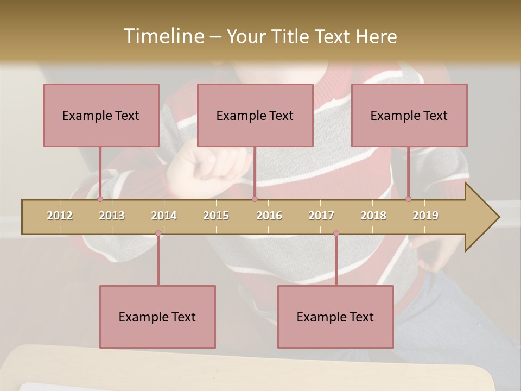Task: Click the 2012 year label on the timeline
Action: tap(60, 216)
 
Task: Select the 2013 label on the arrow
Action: tap(112, 216)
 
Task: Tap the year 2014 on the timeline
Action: tap(164, 216)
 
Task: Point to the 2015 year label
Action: tap(216, 216)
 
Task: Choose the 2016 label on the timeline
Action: tap(269, 216)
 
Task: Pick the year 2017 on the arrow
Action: tap(321, 216)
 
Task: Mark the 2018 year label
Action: tap(373, 216)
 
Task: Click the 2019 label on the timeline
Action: tap(425, 216)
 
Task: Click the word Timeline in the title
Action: tap(163, 36)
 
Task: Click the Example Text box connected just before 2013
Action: tap(101, 115)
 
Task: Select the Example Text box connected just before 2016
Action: tap(255, 115)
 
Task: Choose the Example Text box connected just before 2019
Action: tap(409, 115)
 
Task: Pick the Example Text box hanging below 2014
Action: tap(157, 317)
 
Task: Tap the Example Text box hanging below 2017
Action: tap(335, 317)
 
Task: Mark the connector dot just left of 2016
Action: tap(255, 199)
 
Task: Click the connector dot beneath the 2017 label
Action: tap(336, 234)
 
